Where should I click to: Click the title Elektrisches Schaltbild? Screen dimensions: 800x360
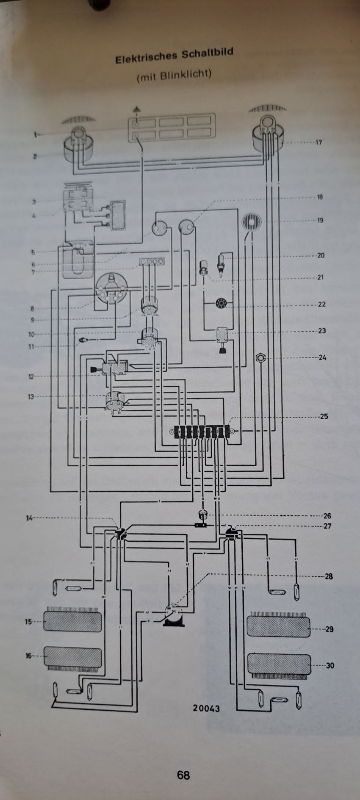(174, 56)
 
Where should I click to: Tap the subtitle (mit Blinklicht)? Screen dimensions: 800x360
(174, 75)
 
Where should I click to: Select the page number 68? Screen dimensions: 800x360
(183, 775)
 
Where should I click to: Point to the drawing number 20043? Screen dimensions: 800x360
(206, 708)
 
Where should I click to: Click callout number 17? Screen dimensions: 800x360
(318, 142)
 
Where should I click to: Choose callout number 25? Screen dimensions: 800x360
(324, 416)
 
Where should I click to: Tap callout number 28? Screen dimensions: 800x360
(329, 576)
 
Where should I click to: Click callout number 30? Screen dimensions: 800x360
(330, 665)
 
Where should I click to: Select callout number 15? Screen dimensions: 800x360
(28, 622)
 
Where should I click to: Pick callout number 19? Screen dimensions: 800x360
(320, 220)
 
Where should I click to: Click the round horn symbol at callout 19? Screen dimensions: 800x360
(251, 222)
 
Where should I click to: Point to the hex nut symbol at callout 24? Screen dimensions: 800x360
(260, 358)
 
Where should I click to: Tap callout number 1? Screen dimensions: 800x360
(36, 135)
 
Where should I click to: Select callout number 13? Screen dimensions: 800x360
(31, 397)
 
